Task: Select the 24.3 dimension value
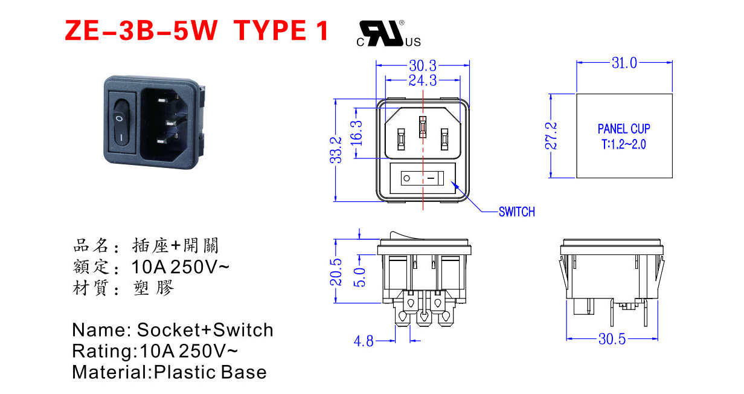tap(423, 80)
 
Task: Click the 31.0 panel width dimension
tap(624, 63)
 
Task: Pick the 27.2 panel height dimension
tap(551, 136)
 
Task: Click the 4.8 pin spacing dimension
tap(364, 341)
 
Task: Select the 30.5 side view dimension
tap(612, 339)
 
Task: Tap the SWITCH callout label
tap(516, 212)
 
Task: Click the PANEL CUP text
tap(624, 129)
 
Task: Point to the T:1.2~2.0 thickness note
tap(624, 145)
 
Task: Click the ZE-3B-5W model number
tap(141, 30)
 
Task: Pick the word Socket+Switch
tap(205, 330)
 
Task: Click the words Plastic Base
tap(210, 372)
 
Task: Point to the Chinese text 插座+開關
tap(175, 246)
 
